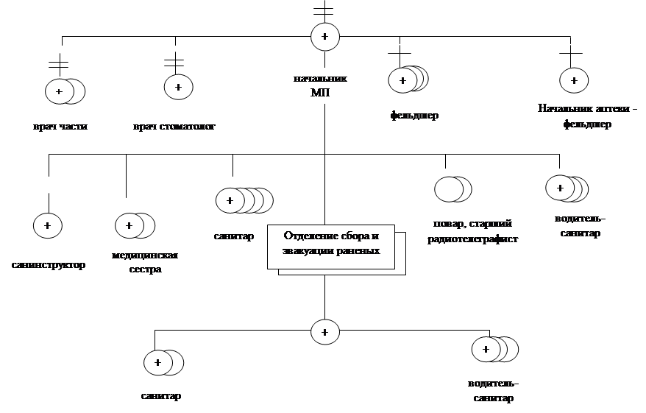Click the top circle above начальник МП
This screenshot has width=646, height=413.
325,37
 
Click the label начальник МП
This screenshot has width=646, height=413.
320,85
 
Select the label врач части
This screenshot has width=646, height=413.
60,126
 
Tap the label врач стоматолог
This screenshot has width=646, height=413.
174,127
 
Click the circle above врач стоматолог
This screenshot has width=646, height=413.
178,87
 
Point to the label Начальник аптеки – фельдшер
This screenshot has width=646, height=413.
587,116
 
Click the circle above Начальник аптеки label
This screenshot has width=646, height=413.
574,80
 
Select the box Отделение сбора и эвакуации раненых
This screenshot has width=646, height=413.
331,247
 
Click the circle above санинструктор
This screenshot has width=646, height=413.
48,225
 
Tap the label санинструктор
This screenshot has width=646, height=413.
49,264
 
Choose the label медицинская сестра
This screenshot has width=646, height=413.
145,262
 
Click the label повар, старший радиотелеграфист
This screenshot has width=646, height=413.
472,231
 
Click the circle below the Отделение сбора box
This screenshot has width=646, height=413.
325,332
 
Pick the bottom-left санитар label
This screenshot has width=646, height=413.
161,396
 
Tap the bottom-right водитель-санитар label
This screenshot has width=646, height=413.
493,391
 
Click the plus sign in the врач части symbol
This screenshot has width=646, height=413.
59,91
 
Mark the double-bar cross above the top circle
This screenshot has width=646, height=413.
324,11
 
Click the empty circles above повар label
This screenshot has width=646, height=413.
453,189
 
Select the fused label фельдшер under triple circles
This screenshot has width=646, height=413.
414,116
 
